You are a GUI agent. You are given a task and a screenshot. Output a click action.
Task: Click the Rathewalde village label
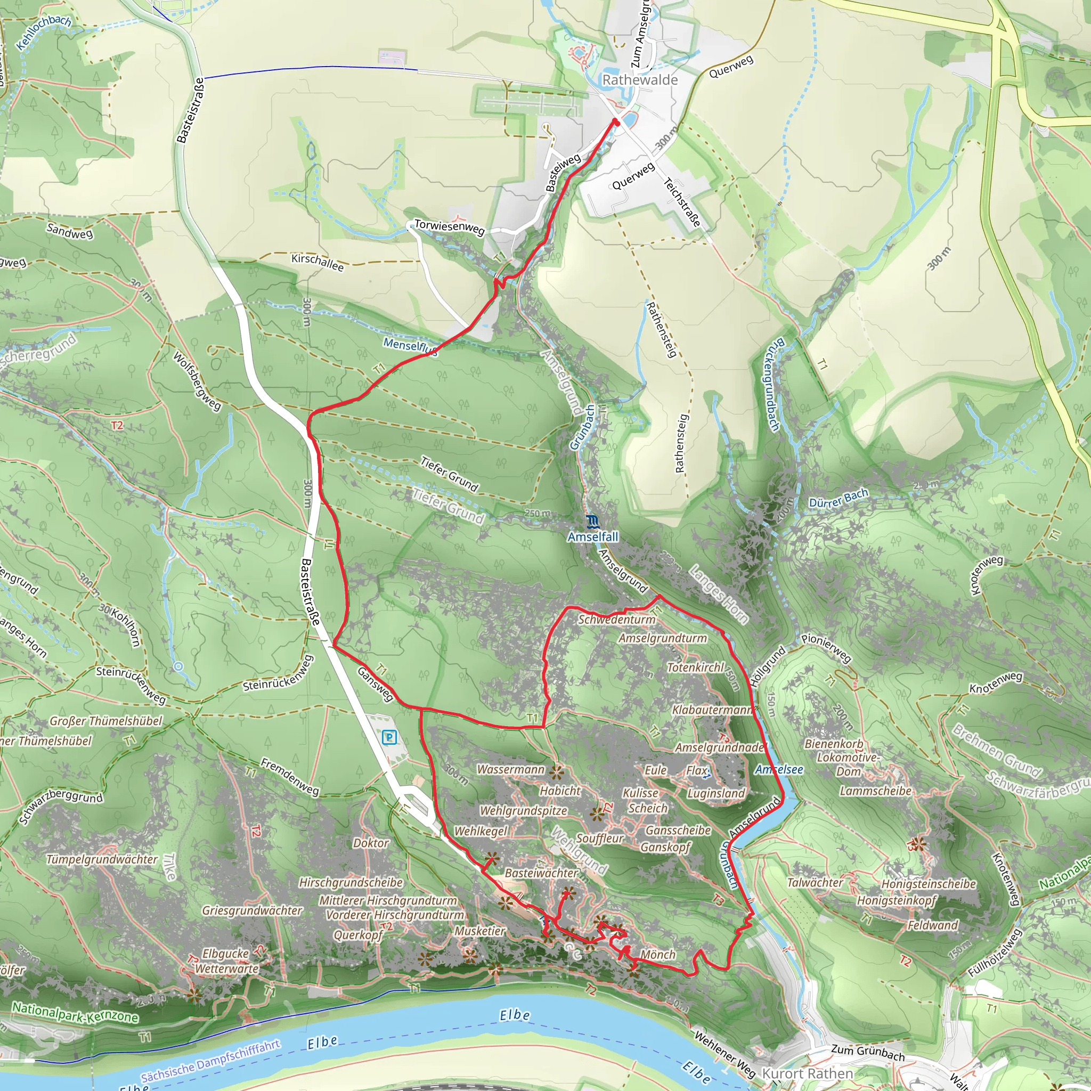click(640, 80)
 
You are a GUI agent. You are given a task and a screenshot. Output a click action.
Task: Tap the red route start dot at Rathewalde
click(616, 121)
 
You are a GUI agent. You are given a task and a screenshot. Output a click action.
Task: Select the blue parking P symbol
click(389, 737)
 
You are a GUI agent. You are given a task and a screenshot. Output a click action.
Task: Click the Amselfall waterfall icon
click(592, 520)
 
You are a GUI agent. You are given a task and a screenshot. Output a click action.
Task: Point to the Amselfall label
click(593, 536)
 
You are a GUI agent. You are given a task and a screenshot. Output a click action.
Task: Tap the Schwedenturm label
click(617, 620)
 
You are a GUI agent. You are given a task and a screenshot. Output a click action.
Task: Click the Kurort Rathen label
click(808, 1073)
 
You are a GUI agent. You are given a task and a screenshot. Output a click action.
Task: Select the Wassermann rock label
click(510, 769)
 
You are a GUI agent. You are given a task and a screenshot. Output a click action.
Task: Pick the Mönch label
click(658, 954)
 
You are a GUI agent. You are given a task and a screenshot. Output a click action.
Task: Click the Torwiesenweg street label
click(449, 227)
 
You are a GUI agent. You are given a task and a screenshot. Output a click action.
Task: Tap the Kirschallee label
click(317, 262)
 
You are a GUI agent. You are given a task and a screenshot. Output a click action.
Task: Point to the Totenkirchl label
click(695, 667)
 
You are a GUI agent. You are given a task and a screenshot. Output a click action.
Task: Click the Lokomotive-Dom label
click(848, 764)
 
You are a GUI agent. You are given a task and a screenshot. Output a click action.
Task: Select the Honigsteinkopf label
click(897, 900)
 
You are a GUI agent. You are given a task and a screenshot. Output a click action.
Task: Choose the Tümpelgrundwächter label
click(102, 859)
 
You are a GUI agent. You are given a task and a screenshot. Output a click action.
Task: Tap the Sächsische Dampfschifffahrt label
click(210, 1061)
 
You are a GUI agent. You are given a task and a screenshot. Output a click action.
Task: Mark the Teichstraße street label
click(683, 202)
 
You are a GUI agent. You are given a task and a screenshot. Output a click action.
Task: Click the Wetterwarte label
click(227, 968)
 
